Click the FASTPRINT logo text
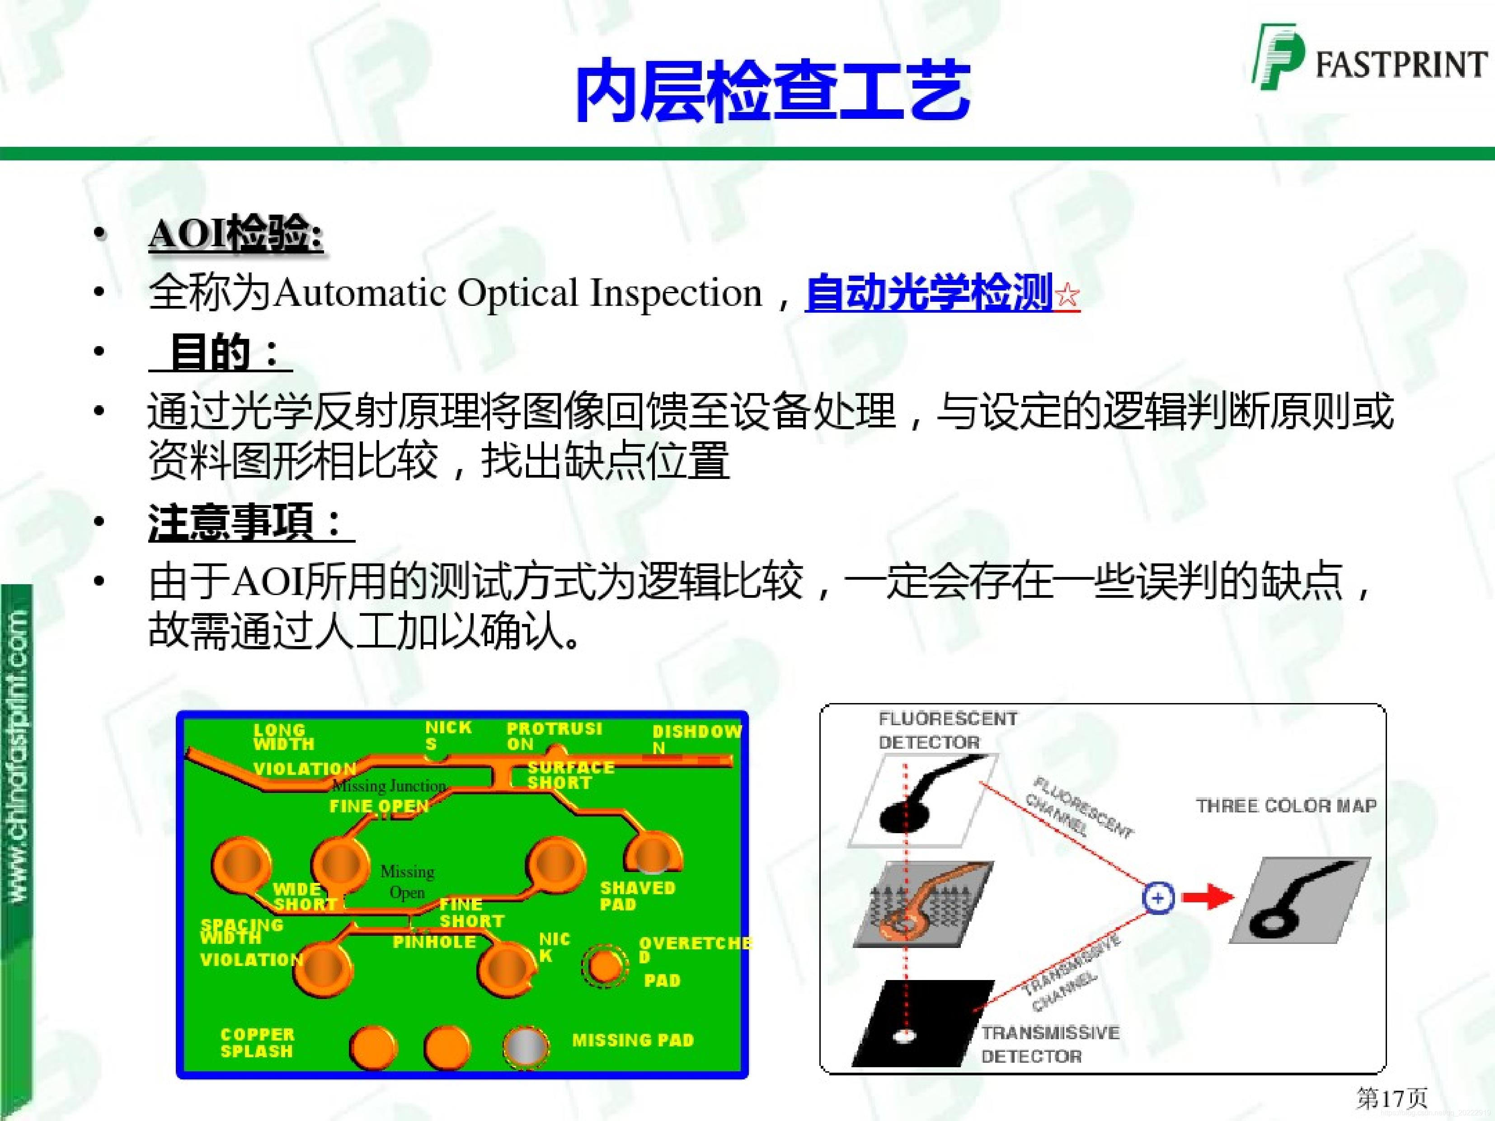coord(1401,65)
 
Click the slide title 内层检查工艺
coord(772,91)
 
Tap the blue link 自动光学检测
coord(929,293)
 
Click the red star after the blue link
coord(1067,295)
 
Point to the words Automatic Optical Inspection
coord(518,293)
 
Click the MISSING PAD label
coord(633,1040)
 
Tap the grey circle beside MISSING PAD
coord(525,1046)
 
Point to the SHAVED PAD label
coord(637,896)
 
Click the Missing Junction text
coord(389,785)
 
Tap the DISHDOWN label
coord(696,739)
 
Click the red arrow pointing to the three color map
coord(1208,898)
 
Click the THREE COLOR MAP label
coord(1285,806)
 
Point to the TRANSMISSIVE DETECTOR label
coord(1049,1044)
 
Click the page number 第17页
coord(1391,1098)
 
